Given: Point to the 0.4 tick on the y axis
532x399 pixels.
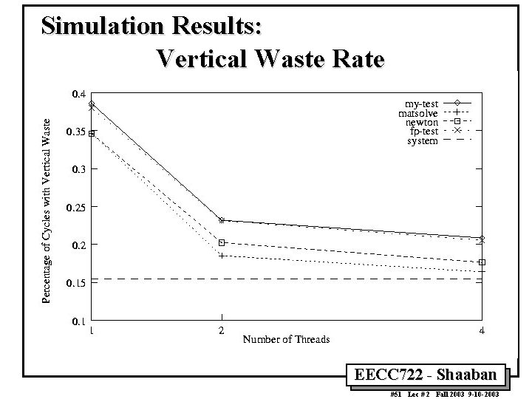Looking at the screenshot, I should point(78,94).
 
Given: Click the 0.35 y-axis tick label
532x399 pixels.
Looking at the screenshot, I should point(76,132).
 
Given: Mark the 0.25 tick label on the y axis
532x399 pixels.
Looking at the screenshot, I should point(76,208).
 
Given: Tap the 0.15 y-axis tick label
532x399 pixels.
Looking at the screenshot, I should point(76,283).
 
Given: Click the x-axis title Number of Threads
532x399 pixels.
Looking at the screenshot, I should point(286,339).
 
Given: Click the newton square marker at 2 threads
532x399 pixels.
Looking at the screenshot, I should point(222,242).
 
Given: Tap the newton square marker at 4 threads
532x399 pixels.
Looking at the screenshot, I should point(482,262).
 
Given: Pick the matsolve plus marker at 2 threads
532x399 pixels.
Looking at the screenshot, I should point(222,256).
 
